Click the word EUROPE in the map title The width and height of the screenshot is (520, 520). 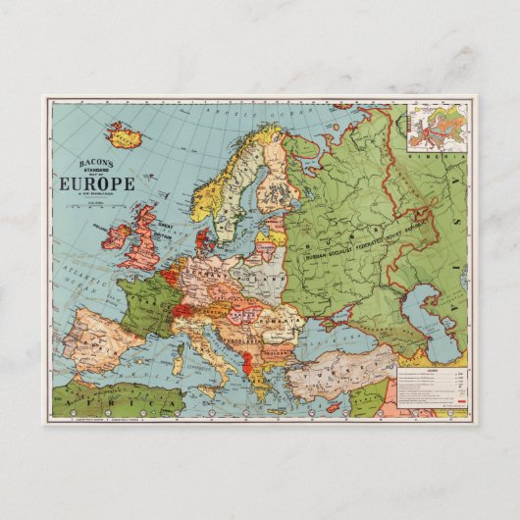pyautogui.click(x=98, y=182)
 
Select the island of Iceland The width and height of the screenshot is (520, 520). pyautogui.click(x=126, y=133)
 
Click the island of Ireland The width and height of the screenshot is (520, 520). pyautogui.click(x=118, y=236)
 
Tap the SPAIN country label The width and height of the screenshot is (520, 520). pyautogui.click(x=93, y=338)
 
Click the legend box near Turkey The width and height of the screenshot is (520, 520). pyautogui.click(x=428, y=387)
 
